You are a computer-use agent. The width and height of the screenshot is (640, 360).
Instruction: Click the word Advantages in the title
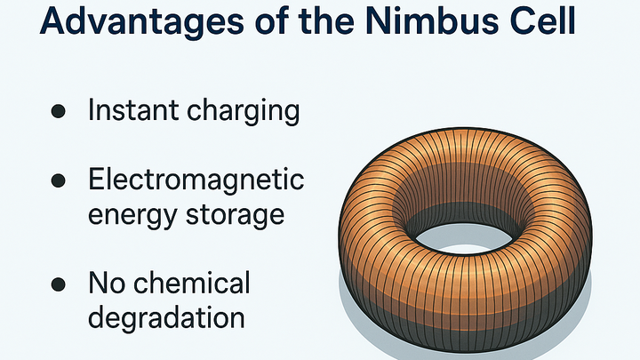(142, 22)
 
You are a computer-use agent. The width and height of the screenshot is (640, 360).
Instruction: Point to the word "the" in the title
(324, 20)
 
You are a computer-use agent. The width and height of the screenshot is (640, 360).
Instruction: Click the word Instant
(133, 110)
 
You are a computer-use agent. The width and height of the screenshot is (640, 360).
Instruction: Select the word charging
(244, 112)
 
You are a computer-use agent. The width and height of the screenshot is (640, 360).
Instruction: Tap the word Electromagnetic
(196, 179)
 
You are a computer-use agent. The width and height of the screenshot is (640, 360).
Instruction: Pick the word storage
(235, 214)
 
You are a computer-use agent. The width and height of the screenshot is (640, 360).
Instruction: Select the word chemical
(191, 282)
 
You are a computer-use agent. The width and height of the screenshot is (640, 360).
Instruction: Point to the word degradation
(166, 317)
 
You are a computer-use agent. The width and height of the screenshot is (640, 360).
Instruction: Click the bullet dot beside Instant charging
(59, 111)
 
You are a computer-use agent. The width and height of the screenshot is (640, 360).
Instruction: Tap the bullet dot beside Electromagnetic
(59, 180)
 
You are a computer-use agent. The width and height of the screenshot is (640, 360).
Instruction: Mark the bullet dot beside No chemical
(59, 284)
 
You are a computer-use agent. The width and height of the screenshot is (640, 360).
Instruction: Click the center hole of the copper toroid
(464, 238)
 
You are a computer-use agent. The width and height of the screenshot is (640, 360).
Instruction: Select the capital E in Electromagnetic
(96, 179)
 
